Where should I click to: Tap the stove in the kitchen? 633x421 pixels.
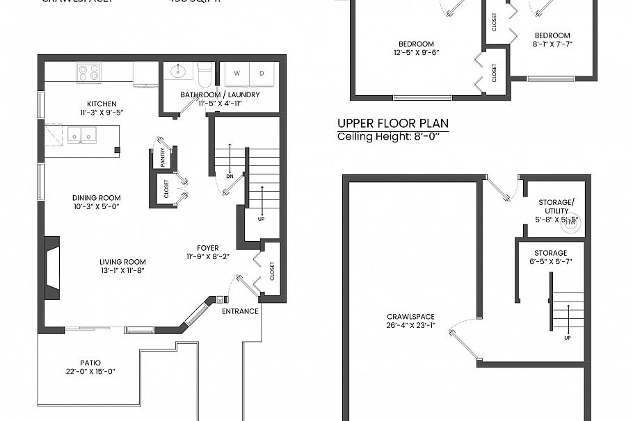coord(88,72)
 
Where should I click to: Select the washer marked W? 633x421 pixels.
coord(237,73)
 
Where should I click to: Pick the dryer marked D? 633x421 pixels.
coord(262,73)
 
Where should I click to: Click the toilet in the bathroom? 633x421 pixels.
coord(205,72)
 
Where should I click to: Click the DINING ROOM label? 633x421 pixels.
coord(97,198)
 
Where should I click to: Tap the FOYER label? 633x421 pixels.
coord(207,248)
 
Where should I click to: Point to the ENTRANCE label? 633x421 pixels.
coord(240,311)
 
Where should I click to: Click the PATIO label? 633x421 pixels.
coord(90,363)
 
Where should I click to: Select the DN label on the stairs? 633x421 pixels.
coord(230,176)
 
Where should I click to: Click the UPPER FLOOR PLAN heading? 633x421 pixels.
coord(392,124)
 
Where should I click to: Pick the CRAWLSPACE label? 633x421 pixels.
coord(410,317)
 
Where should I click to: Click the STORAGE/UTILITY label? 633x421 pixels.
coord(554,206)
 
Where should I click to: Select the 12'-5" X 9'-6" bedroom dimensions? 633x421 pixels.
coord(417,52)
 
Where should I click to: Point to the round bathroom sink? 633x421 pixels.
coord(179,70)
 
